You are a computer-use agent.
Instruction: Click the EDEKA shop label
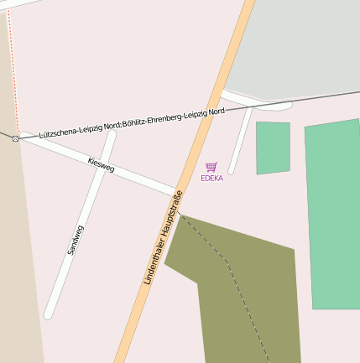point(211,178)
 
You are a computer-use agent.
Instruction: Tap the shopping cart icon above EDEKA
point(211,167)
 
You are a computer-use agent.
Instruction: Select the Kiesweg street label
point(101,164)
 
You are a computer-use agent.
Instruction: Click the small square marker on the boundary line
point(15,138)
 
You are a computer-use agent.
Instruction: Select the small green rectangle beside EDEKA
point(273,148)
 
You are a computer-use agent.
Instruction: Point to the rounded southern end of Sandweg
point(49,314)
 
